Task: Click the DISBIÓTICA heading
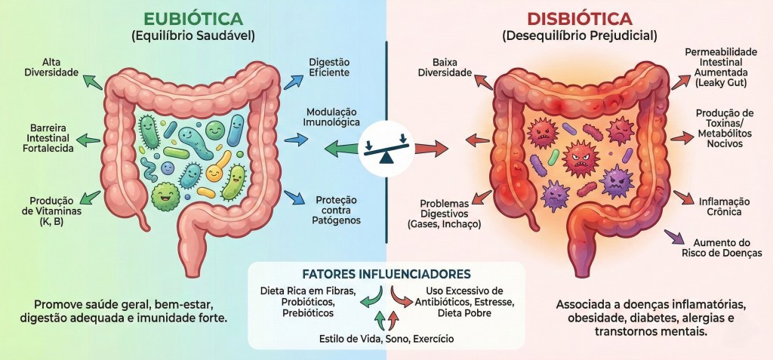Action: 579,18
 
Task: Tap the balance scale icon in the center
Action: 386,146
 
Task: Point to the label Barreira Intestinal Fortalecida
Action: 51,139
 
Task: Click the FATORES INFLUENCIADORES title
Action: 386,273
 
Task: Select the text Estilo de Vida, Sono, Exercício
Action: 386,339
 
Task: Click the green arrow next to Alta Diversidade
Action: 93,79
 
